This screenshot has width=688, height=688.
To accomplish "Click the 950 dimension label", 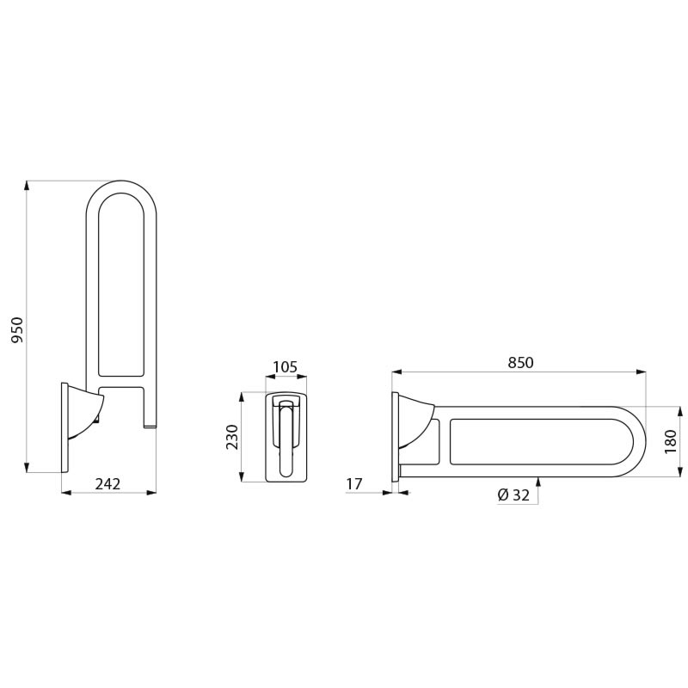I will click(x=17, y=330).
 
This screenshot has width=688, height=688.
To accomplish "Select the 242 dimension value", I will click(x=107, y=484).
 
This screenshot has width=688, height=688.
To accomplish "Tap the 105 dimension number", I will click(x=285, y=367).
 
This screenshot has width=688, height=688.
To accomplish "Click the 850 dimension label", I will click(x=520, y=363).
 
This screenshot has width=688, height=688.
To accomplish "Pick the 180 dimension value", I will click(x=671, y=441).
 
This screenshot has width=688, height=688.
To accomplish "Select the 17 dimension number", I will click(x=354, y=484).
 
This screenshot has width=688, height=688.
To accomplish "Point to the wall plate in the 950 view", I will click(x=64, y=427).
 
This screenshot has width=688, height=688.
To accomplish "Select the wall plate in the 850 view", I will click(x=395, y=437).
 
